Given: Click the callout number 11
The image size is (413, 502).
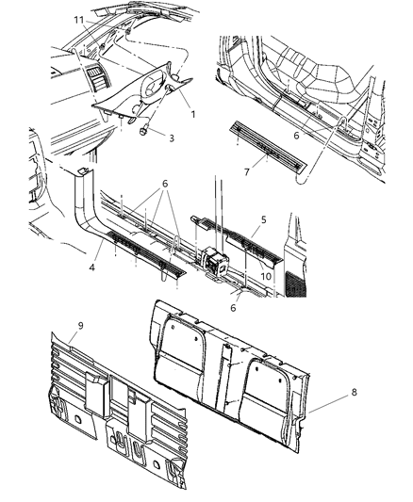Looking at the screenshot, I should (x=79, y=19).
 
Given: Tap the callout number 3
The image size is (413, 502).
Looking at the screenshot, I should (x=171, y=138).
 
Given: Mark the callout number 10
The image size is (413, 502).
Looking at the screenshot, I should (x=266, y=277).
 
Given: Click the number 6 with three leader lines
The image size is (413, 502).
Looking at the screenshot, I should (x=166, y=185).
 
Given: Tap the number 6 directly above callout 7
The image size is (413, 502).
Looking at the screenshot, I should (x=296, y=136).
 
